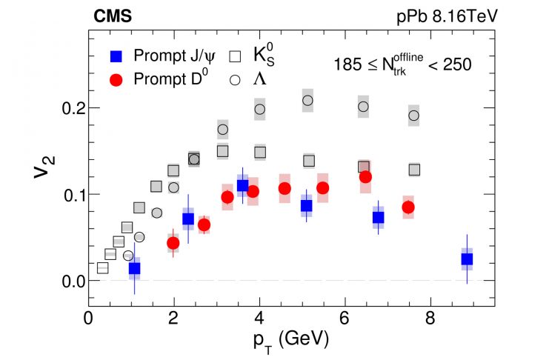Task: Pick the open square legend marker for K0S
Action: (236, 56)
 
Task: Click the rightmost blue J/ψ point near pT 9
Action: (467, 259)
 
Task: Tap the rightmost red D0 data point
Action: (408, 207)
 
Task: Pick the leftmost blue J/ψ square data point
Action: (134, 269)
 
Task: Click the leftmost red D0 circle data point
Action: (173, 243)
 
